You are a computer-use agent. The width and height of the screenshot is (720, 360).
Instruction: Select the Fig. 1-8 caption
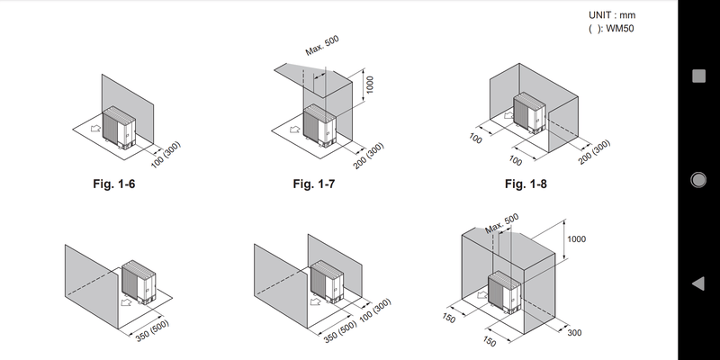(x=526, y=184)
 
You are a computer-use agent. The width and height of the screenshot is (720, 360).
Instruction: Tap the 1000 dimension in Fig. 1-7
(x=370, y=85)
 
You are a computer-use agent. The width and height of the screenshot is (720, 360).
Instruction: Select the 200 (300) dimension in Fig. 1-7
(x=368, y=157)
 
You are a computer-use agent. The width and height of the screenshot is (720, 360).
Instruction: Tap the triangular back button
(x=697, y=284)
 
